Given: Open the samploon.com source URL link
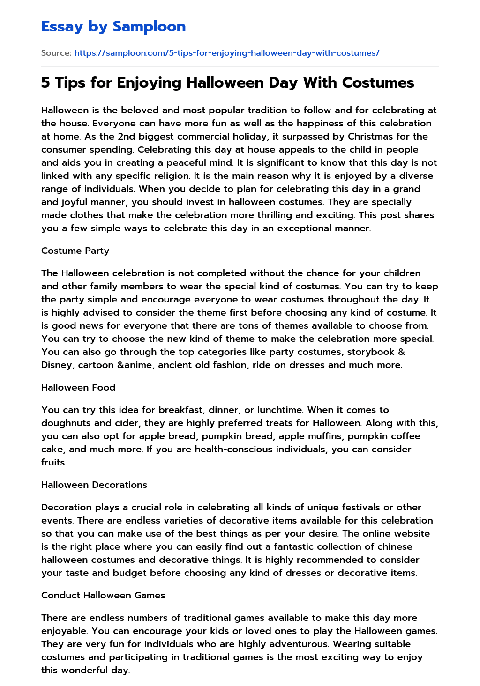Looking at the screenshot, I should pos(227,53).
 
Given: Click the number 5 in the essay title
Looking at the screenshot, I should pos(45,83).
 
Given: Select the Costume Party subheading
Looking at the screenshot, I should pos(75,251).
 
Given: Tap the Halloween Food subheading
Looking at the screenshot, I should pos(78,387).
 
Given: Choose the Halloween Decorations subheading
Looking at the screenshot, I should pos(94,485).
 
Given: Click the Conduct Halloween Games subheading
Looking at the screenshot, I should pos(103,595).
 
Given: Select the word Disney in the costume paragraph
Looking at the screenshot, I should pos(56,365).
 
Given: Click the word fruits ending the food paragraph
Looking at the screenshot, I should pos(53,462).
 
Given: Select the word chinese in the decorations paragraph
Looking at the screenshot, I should pos(395,546).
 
